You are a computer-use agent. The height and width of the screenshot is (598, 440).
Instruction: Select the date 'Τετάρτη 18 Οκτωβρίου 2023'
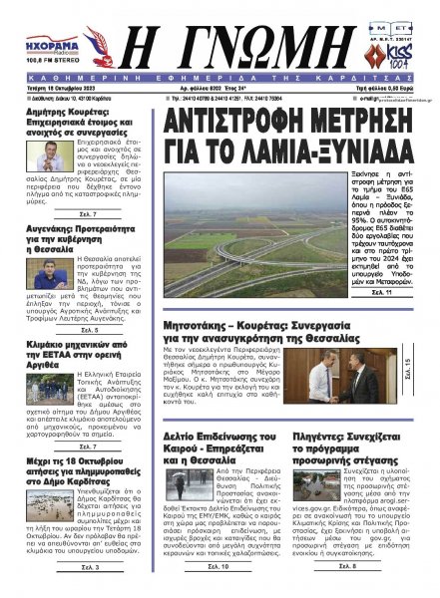click(x=47, y=87)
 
